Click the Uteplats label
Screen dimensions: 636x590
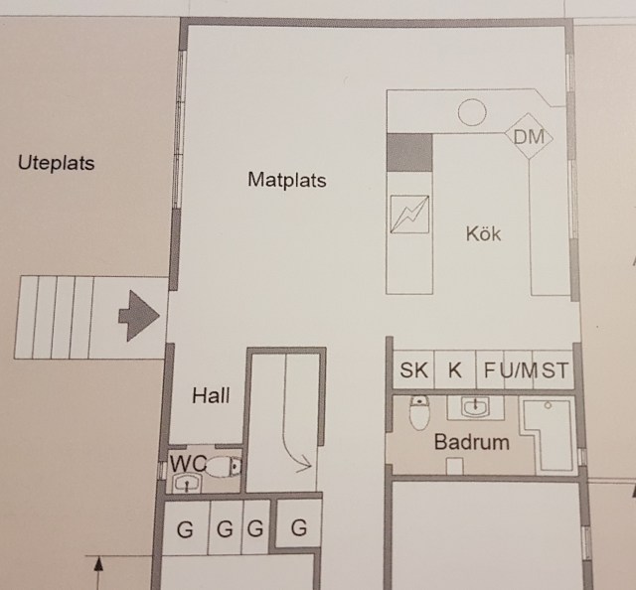56,164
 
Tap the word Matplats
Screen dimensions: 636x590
287,180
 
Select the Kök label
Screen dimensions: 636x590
483,233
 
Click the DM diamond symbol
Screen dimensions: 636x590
529,137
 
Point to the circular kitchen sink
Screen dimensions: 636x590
472,112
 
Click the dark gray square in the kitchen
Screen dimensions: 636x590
409,153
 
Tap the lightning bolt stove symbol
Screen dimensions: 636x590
409,215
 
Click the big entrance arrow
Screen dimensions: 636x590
139,316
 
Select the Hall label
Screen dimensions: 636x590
211,395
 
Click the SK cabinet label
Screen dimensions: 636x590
413,370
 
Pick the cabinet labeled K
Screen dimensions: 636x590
455,369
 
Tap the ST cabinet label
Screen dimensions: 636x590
556,370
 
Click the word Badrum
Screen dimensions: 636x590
472,442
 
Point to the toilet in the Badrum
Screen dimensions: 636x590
419,413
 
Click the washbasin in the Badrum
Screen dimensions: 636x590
475,406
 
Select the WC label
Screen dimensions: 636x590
188,463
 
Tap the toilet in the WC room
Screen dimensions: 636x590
224,467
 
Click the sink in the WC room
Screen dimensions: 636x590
187,484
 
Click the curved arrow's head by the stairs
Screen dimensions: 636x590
305,466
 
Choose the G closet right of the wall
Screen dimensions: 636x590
299,527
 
